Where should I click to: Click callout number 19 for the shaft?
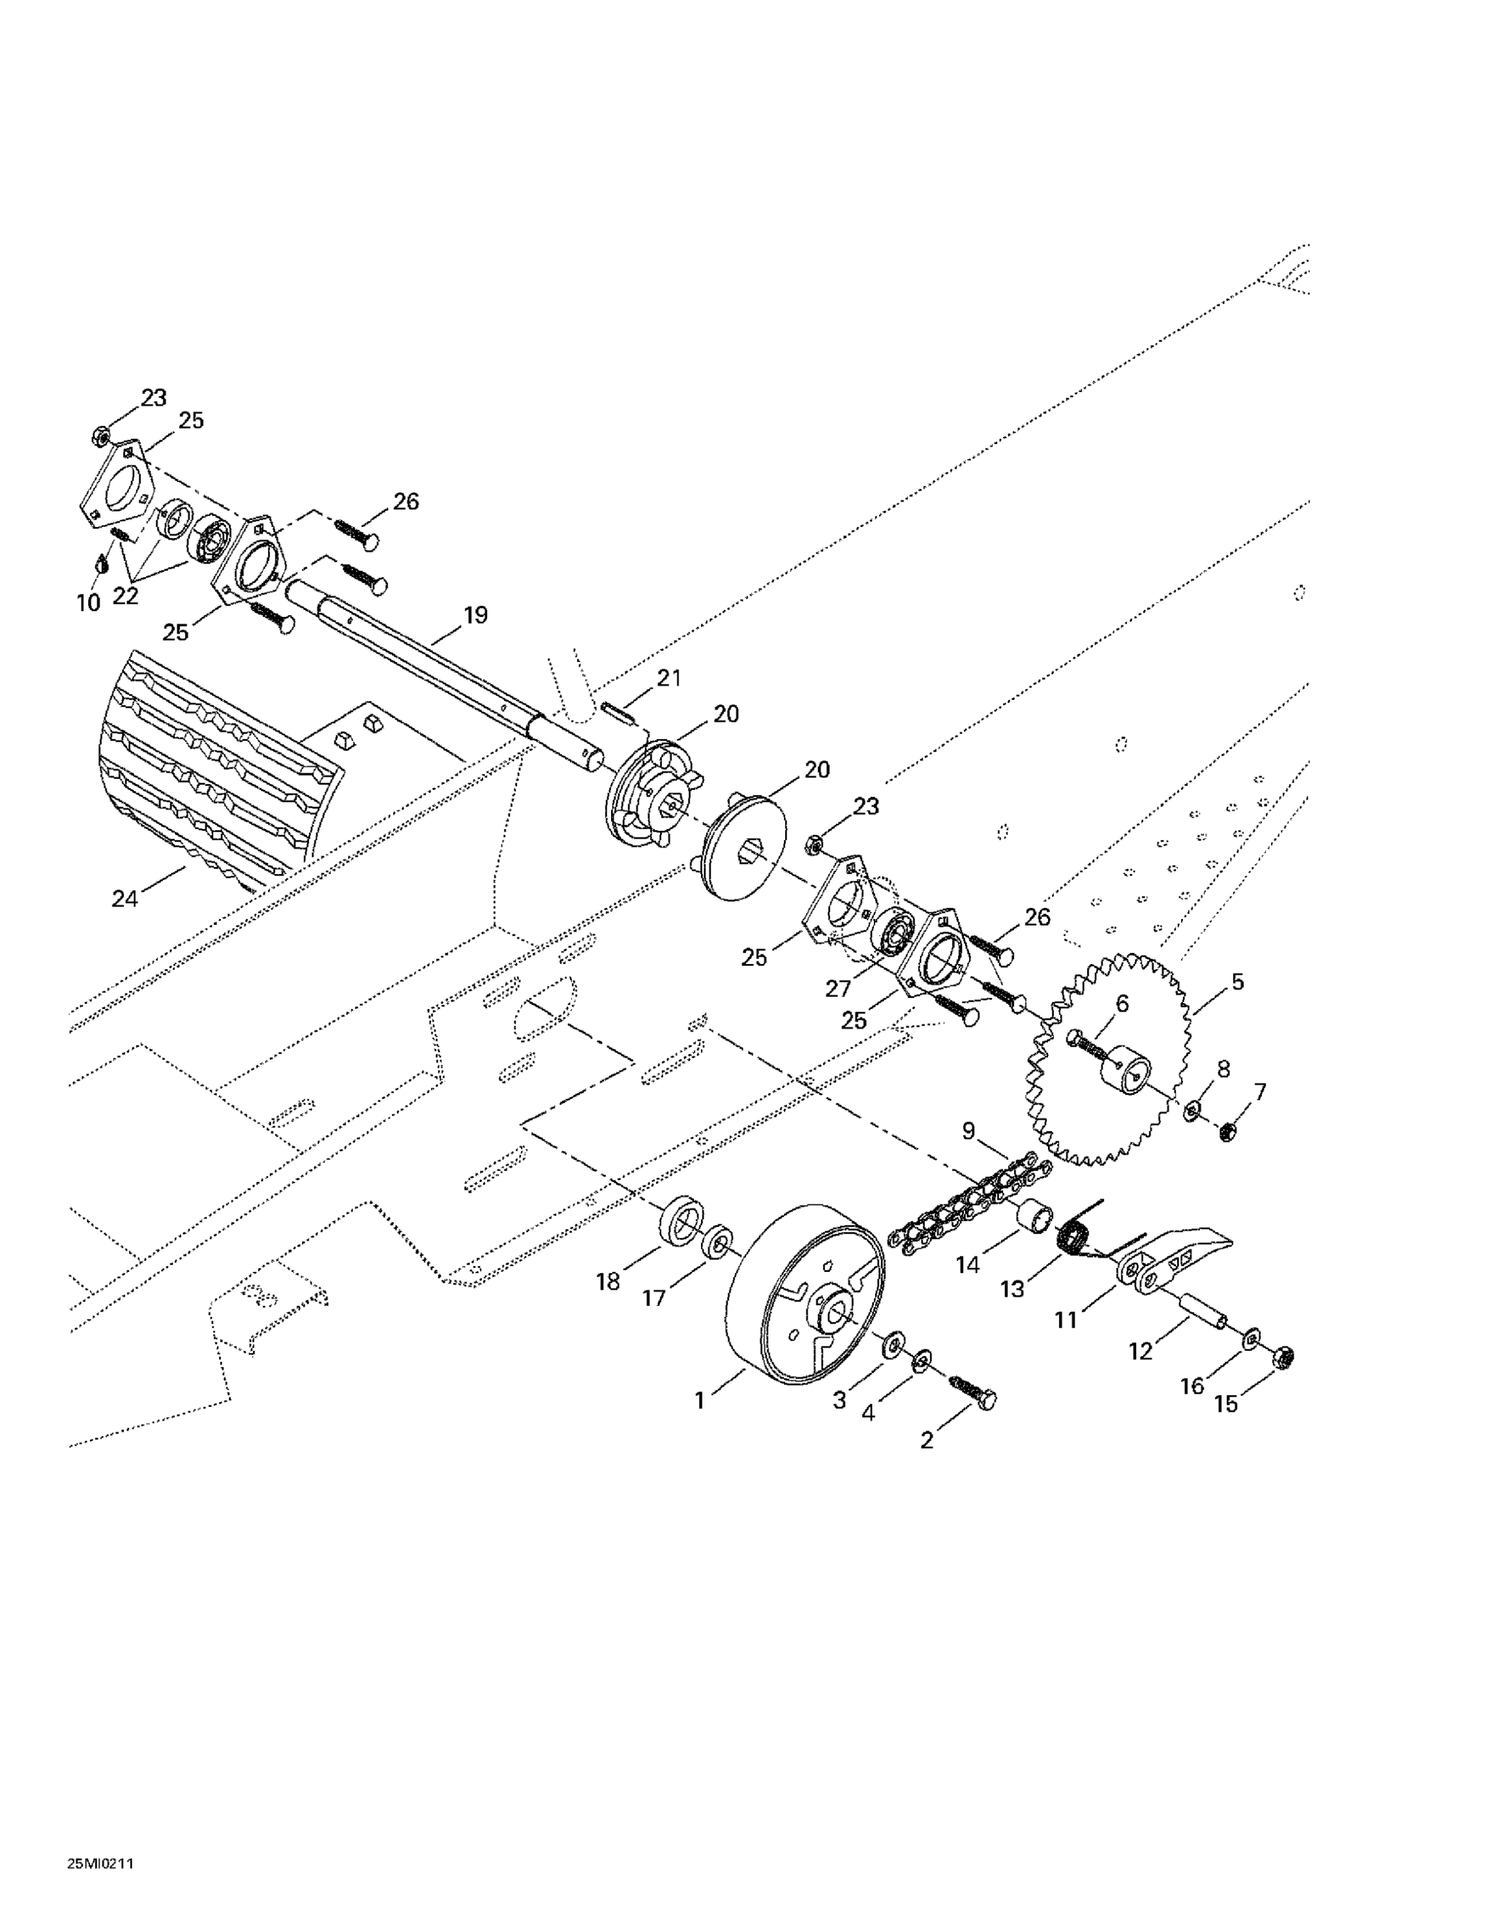coord(475,615)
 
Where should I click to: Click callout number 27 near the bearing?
coord(838,988)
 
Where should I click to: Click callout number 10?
coord(88,603)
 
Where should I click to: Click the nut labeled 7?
coord(1225,1131)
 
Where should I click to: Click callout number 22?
coord(125,596)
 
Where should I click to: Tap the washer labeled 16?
coord(1251,1342)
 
